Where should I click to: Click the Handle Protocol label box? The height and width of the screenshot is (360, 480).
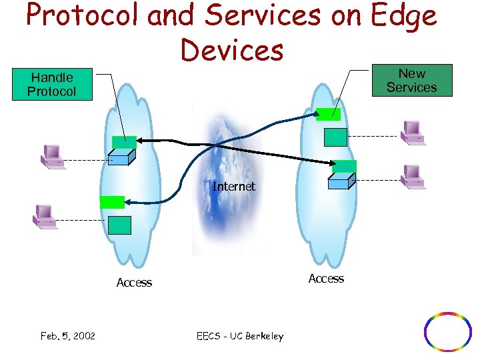(52, 85)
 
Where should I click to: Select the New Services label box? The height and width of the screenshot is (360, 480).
(411, 81)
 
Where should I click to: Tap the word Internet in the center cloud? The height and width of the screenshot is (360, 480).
(233, 187)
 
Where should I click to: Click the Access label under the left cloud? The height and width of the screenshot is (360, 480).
(134, 283)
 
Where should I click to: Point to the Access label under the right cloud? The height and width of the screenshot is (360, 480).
(326, 279)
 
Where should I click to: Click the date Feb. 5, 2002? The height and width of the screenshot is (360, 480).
(67, 336)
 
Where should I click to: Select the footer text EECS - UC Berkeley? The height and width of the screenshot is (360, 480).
(240, 336)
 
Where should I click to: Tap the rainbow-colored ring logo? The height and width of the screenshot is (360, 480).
(448, 331)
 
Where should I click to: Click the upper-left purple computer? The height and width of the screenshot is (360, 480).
(51, 155)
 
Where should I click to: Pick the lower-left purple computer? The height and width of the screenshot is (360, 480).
(45, 216)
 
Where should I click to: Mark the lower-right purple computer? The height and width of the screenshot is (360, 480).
(413, 177)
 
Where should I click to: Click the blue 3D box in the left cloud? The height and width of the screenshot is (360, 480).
(122, 157)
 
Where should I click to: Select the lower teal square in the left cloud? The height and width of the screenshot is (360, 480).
(119, 225)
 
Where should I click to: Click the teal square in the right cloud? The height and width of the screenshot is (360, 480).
(335, 136)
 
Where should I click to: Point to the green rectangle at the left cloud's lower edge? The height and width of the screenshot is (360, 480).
(112, 202)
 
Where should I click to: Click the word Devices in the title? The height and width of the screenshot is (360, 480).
(231, 49)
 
